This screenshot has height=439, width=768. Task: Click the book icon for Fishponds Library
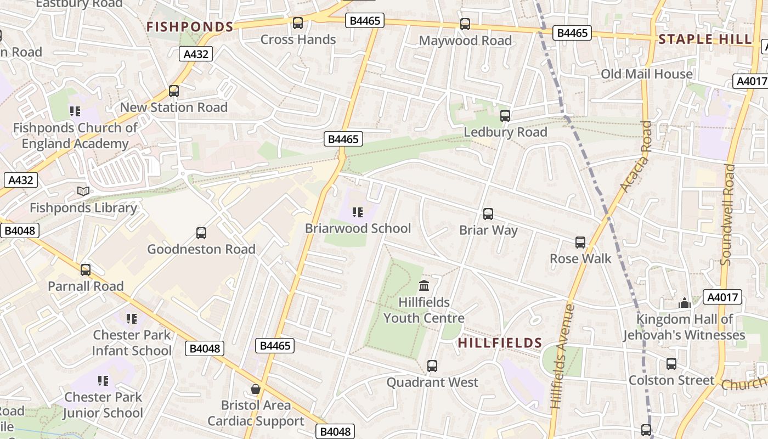[x=83, y=191]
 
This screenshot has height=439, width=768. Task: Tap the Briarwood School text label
[x=358, y=228]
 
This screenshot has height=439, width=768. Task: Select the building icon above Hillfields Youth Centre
[x=424, y=285]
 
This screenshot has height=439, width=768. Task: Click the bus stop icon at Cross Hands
[x=298, y=23]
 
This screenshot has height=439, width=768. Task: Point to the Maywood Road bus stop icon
[x=465, y=24]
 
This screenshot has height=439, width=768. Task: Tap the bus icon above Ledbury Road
[x=505, y=116]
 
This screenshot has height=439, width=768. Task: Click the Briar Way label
[x=488, y=230]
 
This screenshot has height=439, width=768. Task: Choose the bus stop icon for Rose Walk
[x=580, y=242]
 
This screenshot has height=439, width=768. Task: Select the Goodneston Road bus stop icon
[x=201, y=233]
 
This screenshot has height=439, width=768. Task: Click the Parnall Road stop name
[x=86, y=286]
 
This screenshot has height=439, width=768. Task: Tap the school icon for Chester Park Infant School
[x=132, y=318]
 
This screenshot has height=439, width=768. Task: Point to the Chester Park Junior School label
[x=103, y=404]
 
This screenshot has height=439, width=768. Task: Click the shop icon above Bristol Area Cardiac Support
[x=256, y=389]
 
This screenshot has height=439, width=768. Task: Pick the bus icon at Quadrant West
[x=432, y=365]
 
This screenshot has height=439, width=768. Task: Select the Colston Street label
[x=671, y=380]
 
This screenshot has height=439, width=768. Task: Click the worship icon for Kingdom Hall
[x=684, y=303]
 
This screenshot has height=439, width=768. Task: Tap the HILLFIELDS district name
[x=500, y=343]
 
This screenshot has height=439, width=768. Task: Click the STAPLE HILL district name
[x=705, y=39]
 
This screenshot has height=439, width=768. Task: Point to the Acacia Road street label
[x=636, y=156]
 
